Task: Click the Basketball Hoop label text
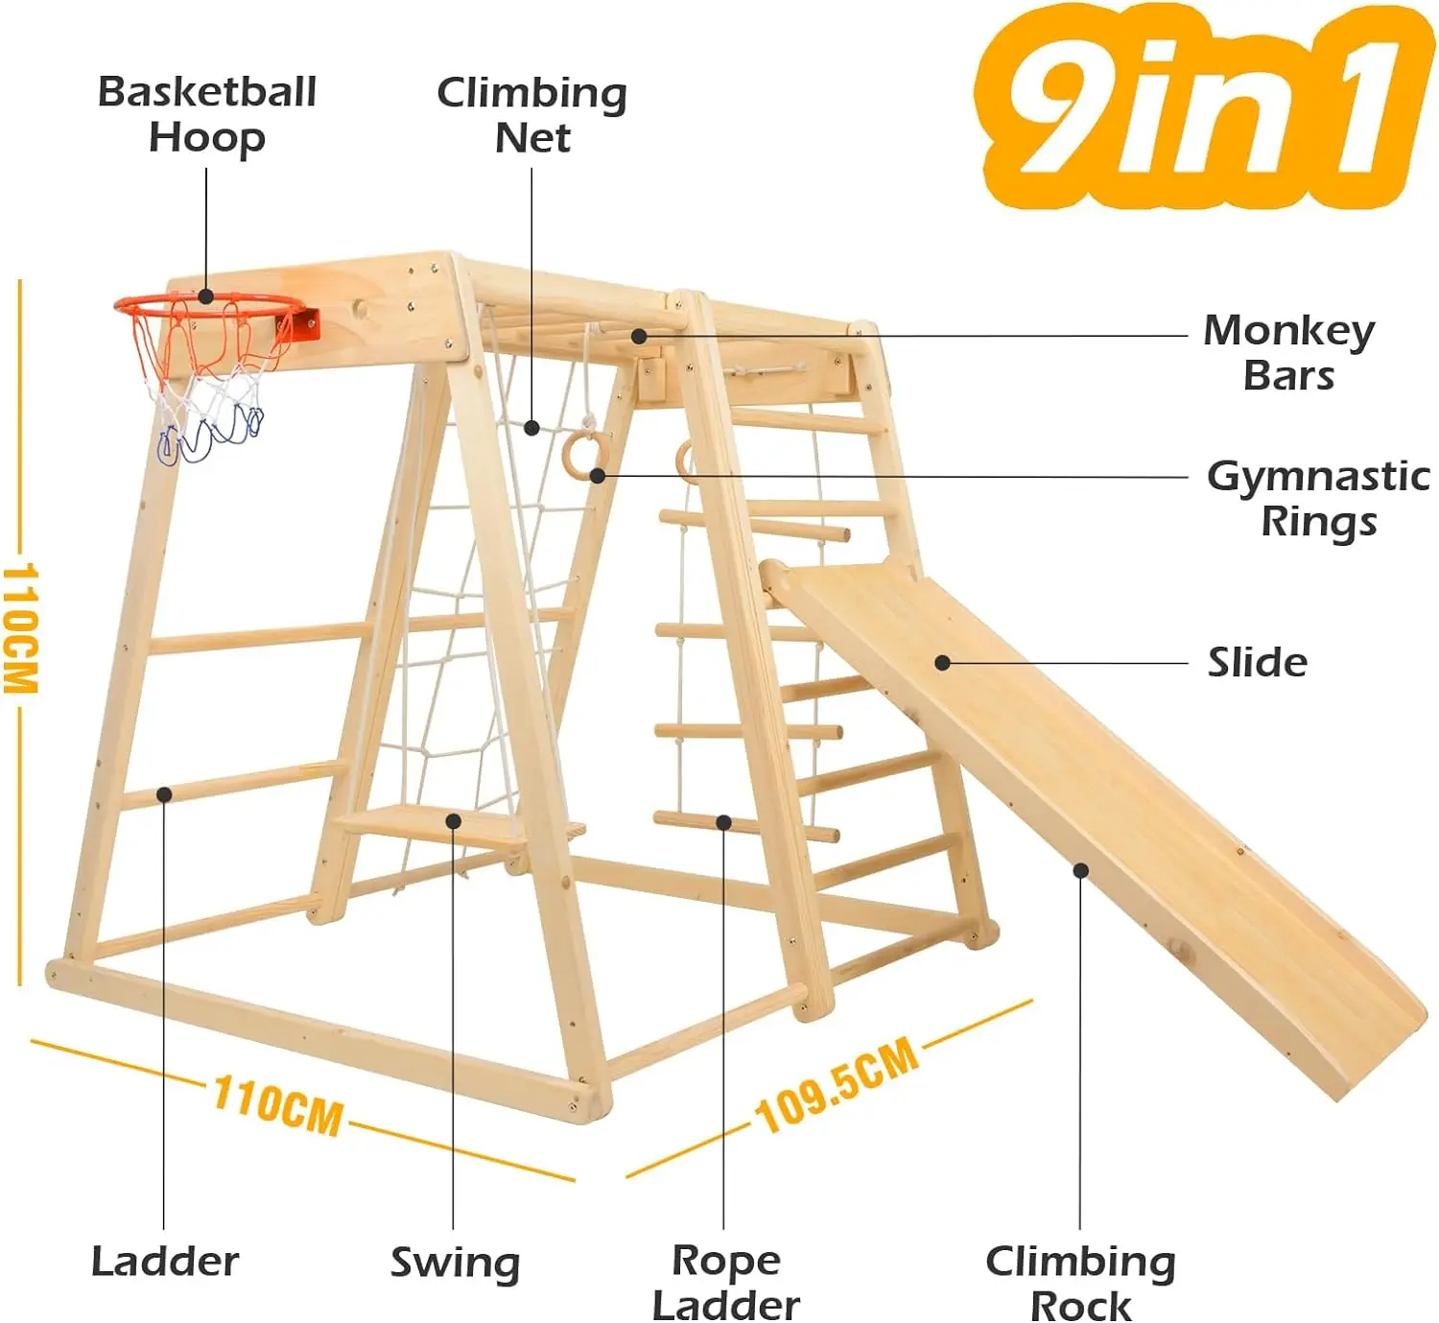pyautogui.click(x=206, y=114)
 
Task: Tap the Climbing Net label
pyautogui.click(x=531, y=115)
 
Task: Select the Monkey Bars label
pyautogui.click(x=1288, y=352)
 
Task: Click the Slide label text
pyautogui.click(x=1257, y=663)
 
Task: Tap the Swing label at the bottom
pyautogui.click(x=455, y=1263)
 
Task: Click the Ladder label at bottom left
pyautogui.click(x=165, y=1262)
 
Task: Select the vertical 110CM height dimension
pyautogui.click(x=21, y=628)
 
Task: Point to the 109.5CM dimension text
pyautogui.click(x=837, y=1087)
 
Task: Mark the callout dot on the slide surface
pyautogui.click(x=942, y=663)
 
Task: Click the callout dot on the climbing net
pyautogui.click(x=531, y=428)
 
